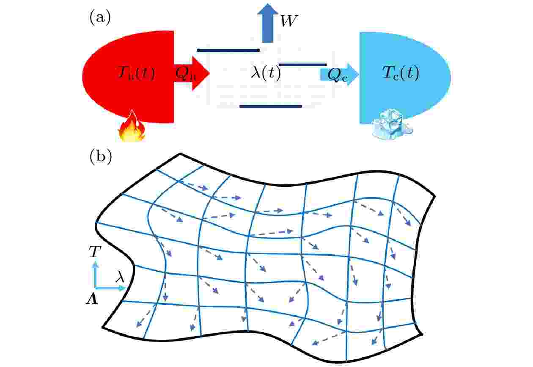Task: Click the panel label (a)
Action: tap(100, 18)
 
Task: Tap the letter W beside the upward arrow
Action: tap(289, 21)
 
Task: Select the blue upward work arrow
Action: tap(268, 23)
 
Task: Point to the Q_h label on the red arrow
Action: tap(185, 74)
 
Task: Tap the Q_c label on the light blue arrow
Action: tap(338, 75)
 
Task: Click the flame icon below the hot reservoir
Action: tap(132, 126)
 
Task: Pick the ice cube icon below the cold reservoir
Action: tap(392, 125)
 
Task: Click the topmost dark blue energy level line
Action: tap(228, 50)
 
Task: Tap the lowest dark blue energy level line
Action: tap(271, 106)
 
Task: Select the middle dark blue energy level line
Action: tap(303, 64)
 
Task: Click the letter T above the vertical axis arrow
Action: tap(95, 251)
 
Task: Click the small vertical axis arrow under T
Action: tap(96, 274)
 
